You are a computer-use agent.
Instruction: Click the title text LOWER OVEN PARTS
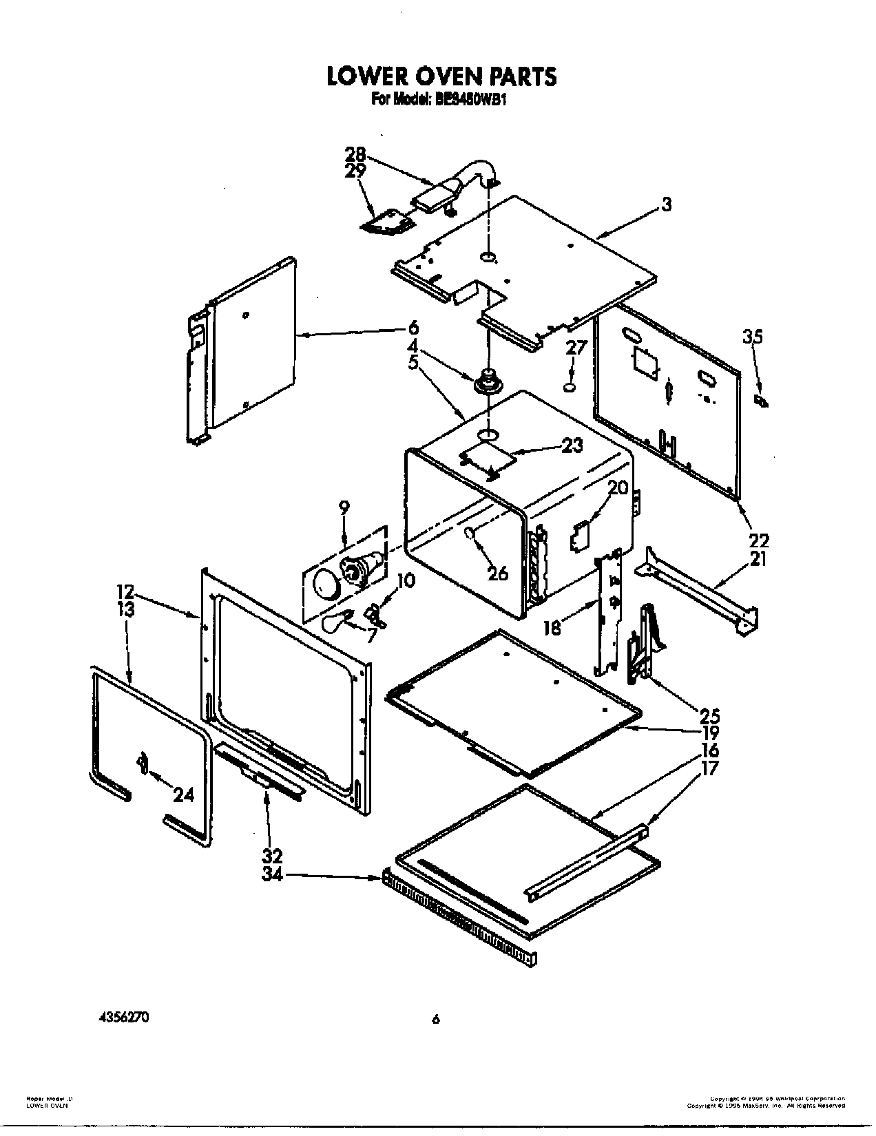441,76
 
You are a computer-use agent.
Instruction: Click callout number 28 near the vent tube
355,156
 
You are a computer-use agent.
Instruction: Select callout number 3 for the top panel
666,204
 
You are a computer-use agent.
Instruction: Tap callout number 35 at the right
753,337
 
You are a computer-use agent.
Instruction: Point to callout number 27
576,348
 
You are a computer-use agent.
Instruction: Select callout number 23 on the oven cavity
572,445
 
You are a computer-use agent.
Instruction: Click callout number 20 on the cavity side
618,488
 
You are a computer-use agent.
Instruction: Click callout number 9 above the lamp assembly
344,507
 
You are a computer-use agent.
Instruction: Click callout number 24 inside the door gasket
183,795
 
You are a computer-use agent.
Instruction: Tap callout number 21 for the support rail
758,559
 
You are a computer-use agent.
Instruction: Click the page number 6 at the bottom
435,1020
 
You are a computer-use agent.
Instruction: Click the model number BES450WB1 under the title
474,99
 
